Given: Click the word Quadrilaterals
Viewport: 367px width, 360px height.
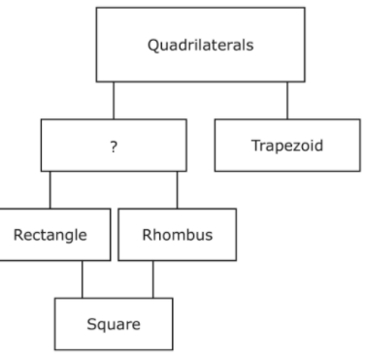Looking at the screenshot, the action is click(x=201, y=45).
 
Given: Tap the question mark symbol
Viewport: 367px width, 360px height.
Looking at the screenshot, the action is click(x=114, y=147).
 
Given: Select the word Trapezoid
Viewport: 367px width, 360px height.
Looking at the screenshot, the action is click(x=287, y=146).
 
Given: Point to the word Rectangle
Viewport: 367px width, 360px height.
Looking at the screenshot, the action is click(x=50, y=235).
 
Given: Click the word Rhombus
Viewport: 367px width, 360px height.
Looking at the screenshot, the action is click(x=178, y=235).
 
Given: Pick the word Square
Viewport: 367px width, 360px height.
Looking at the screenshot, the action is click(x=114, y=324).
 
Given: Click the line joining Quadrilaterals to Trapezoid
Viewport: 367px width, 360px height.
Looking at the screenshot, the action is click(x=287, y=101).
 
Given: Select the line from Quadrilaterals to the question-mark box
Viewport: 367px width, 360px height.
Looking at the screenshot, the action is click(x=114, y=101).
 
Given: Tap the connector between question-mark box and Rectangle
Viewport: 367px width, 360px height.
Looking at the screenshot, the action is click(x=50, y=190).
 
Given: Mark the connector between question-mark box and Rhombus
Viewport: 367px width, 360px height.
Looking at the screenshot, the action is click(x=177, y=190).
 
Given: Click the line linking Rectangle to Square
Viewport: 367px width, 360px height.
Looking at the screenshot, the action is click(x=83, y=279).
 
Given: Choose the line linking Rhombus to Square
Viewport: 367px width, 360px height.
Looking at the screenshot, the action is click(x=153, y=279).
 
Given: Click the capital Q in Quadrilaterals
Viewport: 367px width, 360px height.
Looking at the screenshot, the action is click(x=153, y=46).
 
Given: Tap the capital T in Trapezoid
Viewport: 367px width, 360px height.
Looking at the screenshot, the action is click(x=256, y=146).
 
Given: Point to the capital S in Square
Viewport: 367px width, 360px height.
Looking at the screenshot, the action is click(x=92, y=324).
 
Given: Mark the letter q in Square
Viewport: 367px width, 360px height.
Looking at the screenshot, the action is click(x=103, y=327).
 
